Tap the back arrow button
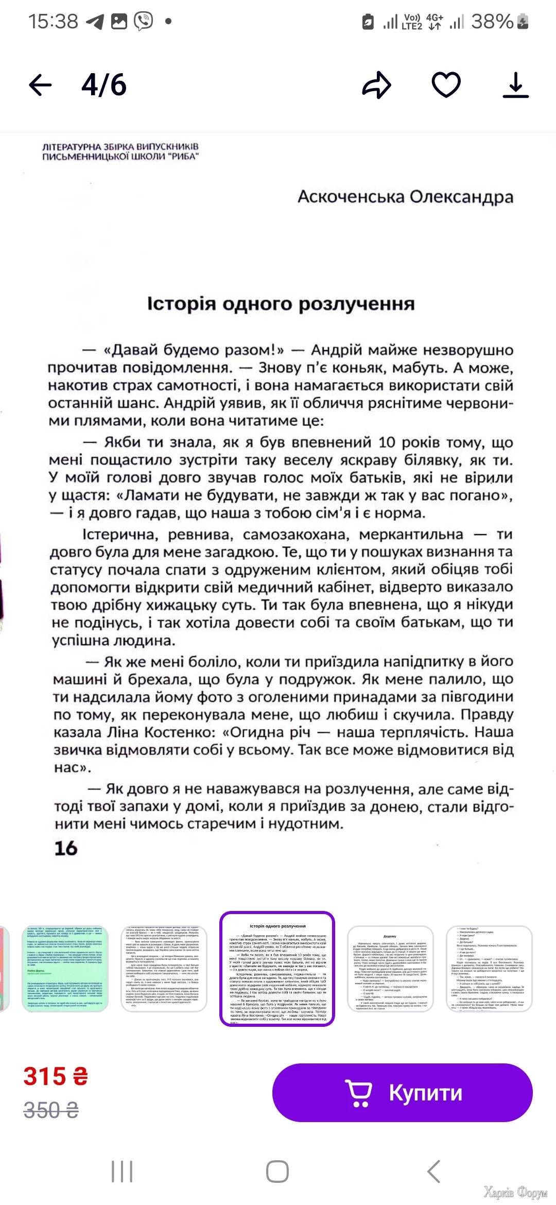pyautogui.click(x=40, y=85)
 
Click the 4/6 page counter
pyautogui.click(x=104, y=85)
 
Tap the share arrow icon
pyautogui.click(x=377, y=85)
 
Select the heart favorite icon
pyautogui.click(x=446, y=85)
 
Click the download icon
pyautogui.click(x=515, y=85)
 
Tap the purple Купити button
pyautogui.click(x=402, y=1092)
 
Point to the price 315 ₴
pyautogui.click(x=56, y=1076)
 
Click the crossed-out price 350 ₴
pyautogui.click(x=51, y=1110)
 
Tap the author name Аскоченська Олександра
pyautogui.click(x=405, y=197)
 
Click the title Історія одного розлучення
pyautogui.click(x=281, y=304)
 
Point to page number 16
pyautogui.click(x=66, y=848)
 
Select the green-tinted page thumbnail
pyautogui.click(x=65, y=968)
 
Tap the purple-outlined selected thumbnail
pyautogui.click(x=277, y=968)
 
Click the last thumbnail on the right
pyautogui.click(x=489, y=968)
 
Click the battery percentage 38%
pyautogui.click(x=493, y=22)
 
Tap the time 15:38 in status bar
pyautogui.click(x=53, y=22)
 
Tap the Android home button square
pyautogui.click(x=277, y=1172)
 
